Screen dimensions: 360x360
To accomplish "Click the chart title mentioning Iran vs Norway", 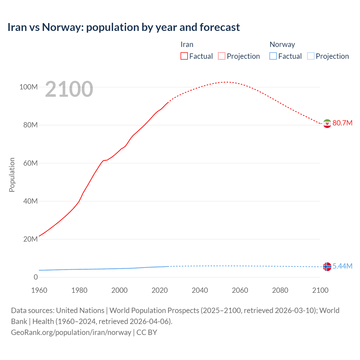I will [123, 27].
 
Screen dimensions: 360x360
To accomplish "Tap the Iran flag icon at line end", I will [327, 123].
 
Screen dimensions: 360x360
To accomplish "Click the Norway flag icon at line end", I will [327, 266].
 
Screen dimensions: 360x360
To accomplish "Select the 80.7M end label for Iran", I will [342, 123].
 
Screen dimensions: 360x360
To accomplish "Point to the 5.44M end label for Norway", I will [342, 266].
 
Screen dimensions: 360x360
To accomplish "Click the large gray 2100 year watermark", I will [69, 89].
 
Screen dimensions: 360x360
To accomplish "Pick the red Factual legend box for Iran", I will [184, 56].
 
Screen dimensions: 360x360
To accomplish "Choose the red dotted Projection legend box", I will [222, 56].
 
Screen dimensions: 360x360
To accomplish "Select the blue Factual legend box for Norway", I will [273, 56].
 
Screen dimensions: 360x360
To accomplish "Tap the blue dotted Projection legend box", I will [311, 56].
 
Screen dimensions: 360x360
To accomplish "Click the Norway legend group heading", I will [282, 44].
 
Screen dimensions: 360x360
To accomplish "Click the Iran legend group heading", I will [187, 44].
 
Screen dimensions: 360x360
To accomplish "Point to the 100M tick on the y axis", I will [28, 87].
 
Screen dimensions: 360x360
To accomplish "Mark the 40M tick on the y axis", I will [30, 201].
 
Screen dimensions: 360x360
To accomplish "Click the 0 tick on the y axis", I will [36, 277].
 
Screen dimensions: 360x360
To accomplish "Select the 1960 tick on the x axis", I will [39, 290].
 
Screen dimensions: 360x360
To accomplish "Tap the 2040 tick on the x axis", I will [200, 290].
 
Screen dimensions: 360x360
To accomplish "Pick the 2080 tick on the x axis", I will [280, 290].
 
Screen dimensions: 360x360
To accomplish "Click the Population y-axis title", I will [12, 175].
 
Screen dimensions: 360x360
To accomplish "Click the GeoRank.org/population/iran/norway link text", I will [71, 332].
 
